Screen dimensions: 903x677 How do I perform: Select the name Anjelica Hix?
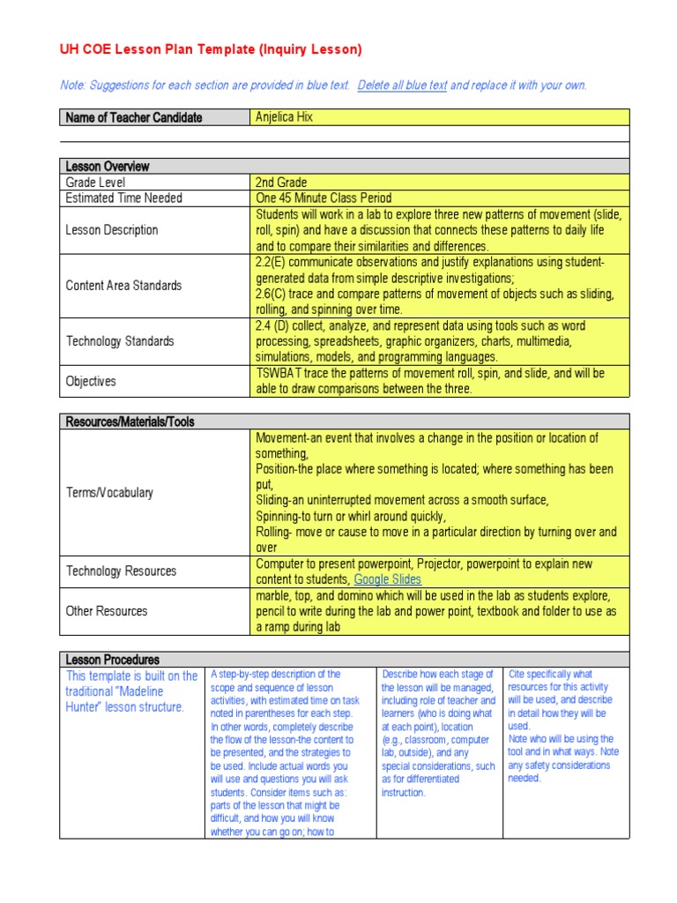tap(284, 117)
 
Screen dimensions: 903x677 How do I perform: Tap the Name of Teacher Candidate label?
tap(133, 117)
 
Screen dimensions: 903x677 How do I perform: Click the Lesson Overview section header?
tap(108, 167)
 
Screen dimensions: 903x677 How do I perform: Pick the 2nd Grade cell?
tap(281, 183)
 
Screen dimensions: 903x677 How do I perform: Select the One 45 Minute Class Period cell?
tap(324, 198)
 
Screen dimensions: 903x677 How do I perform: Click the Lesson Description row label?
tap(112, 230)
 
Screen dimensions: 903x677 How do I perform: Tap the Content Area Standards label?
tap(123, 286)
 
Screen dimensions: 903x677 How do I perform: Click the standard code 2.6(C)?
tap(274, 294)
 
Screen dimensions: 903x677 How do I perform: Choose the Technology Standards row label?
tap(120, 341)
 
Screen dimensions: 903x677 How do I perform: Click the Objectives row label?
tap(91, 382)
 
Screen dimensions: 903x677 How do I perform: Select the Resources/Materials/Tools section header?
tap(130, 422)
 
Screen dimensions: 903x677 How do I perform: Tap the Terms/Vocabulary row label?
tap(109, 493)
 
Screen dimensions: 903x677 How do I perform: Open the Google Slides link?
tap(387, 579)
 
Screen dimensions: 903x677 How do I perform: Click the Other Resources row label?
tap(107, 611)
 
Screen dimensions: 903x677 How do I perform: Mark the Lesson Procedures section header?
tap(113, 660)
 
